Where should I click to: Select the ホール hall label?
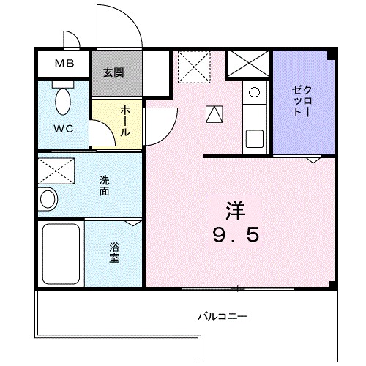[x=124, y=121]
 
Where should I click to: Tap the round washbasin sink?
[x=48, y=198]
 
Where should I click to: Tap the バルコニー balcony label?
[x=222, y=318]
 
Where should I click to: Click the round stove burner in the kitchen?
[x=253, y=93]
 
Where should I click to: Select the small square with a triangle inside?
[x=214, y=113]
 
